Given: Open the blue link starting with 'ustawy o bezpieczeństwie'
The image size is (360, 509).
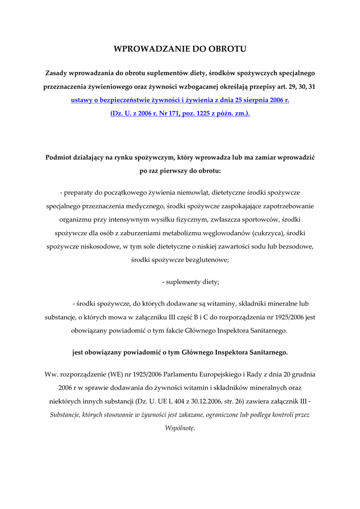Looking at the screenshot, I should point(180,100).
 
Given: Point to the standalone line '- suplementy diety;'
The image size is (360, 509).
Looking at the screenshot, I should point(190,282).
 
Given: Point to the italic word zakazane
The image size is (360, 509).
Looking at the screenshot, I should point(196,414).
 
